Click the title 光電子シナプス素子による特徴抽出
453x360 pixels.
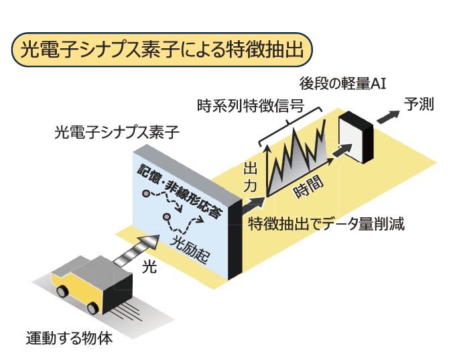click(x=162, y=50)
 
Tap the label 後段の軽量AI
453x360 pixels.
click(x=343, y=84)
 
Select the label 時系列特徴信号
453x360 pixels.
click(x=251, y=106)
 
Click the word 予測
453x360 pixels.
click(x=419, y=104)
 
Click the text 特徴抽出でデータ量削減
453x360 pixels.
click(x=326, y=224)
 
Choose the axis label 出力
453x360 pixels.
click(x=250, y=177)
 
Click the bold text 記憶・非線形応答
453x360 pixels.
click(x=180, y=190)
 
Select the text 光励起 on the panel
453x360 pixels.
click(x=189, y=249)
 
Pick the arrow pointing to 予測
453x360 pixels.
click(x=388, y=116)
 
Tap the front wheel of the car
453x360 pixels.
click(x=92, y=308)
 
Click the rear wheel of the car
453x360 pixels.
click(x=62, y=291)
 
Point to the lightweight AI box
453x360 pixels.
click(x=356, y=137)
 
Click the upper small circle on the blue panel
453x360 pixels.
click(x=146, y=193)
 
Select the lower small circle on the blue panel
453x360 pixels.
click(x=166, y=217)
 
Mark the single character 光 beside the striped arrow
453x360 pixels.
click(x=149, y=267)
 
